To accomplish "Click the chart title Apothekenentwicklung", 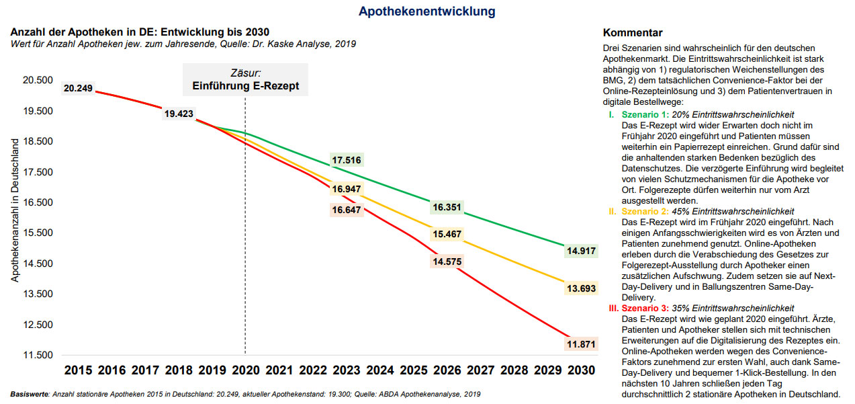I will click(x=426, y=11).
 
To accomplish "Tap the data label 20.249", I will click(x=78, y=87).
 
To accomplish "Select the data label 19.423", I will click(x=179, y=114).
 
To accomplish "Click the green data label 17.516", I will click(x=347, y=160).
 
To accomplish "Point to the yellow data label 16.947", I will click(x=347, y=189).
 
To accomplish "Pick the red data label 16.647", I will click(x=347, y=210).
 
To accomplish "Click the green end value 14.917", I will click(x=582, y=251).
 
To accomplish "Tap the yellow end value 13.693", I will click(x=582, y=288).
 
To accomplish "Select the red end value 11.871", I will click(x=582, y=344).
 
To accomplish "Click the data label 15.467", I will click(x=447, y=234).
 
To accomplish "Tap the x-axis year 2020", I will click(x=245, y=370).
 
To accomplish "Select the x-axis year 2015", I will click(x=78, y=370).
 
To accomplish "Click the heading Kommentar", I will click(x=633, y=33).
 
